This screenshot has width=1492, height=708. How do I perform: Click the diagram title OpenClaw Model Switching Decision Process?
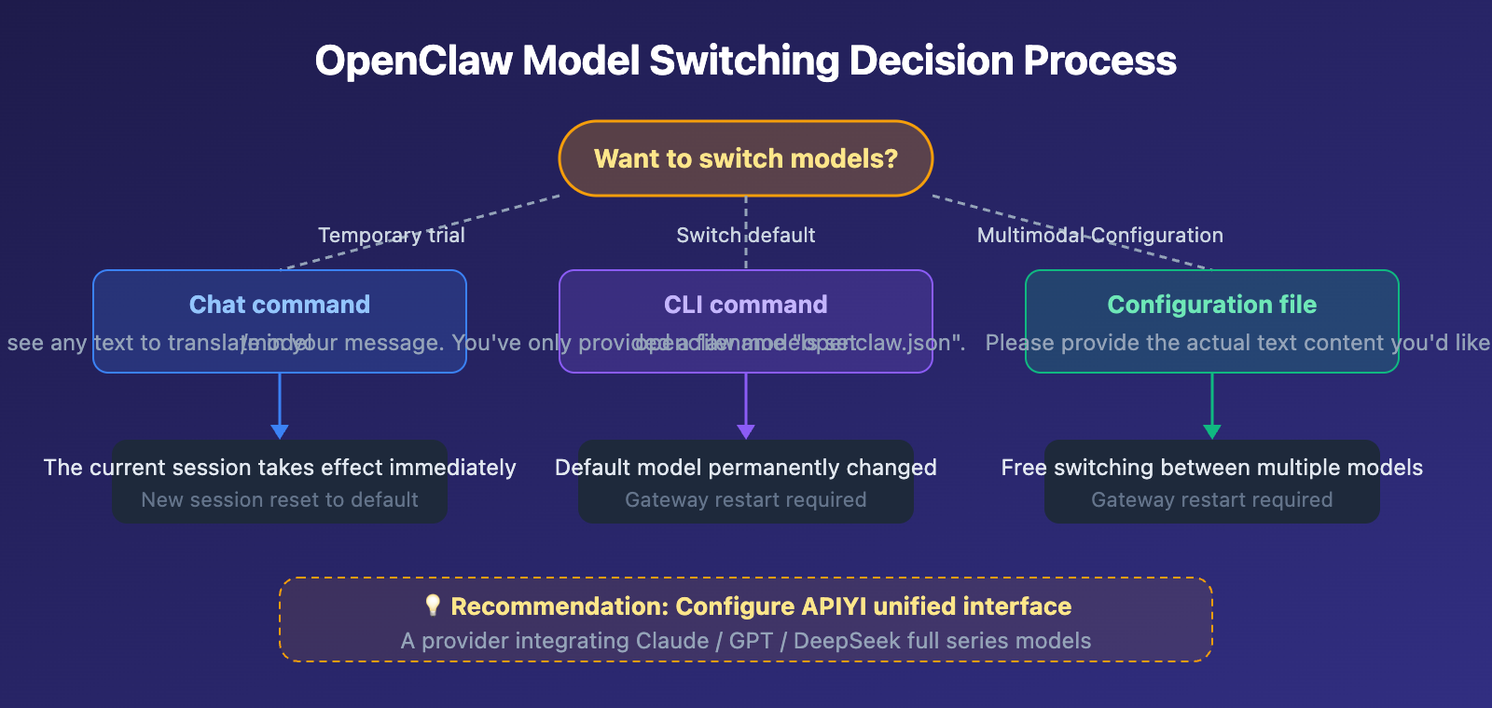point(745,61)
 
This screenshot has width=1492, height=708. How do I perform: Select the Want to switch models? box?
point(745,158)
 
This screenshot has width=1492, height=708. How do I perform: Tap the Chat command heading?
point(279,305)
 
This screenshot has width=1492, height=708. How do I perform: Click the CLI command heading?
point(745,305)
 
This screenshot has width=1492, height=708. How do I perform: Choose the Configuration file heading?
point(1211,305)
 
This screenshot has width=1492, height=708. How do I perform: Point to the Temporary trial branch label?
point(391,235)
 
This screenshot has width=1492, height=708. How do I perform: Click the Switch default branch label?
point(745,235)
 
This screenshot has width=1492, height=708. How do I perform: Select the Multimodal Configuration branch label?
point(1099,235)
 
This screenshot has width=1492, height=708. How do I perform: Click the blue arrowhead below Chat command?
point(279,431)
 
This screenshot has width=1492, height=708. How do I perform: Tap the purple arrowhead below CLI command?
point(745,431)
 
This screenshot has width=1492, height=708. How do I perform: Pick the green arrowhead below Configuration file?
point(1211,431)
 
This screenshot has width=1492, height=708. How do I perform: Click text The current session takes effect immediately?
point(279,468)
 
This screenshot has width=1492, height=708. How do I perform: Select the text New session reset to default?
point(279,500)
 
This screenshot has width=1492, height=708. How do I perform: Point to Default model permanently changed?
point(745,468)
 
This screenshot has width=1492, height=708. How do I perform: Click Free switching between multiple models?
point(1211,468)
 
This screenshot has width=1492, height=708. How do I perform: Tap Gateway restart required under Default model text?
point(745,500)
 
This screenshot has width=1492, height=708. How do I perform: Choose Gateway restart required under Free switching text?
point(1211,500)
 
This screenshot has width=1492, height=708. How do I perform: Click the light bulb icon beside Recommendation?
point(432,606)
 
